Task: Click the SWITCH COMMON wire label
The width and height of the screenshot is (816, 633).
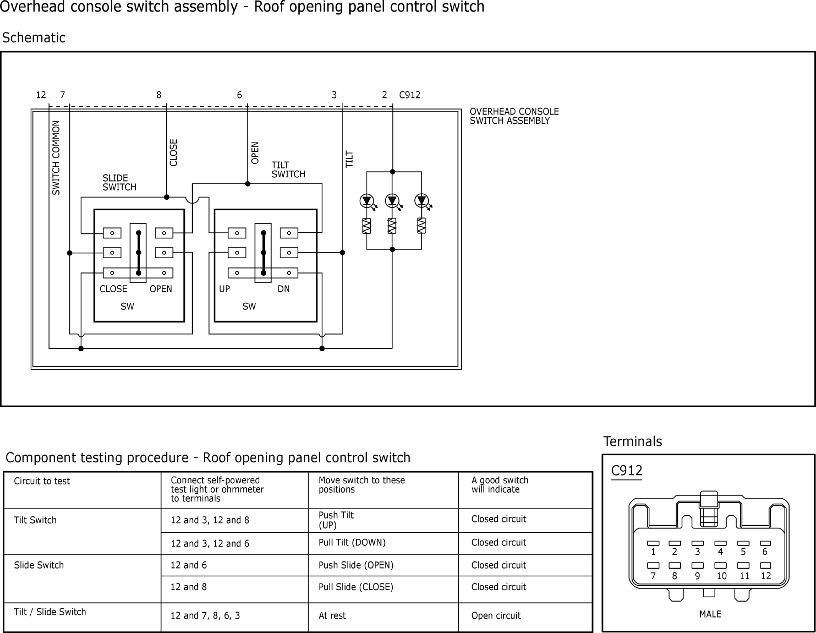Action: (56, 157)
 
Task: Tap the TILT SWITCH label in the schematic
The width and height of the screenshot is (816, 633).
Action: (288, 170)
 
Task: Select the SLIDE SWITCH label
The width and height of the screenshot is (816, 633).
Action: (119, 183)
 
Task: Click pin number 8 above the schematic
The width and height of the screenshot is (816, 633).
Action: (159, 95)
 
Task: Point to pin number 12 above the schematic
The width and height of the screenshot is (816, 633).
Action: (41, 95)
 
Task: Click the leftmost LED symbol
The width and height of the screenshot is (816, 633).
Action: (367, 200)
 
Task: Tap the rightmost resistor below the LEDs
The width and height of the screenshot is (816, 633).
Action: (421, 226)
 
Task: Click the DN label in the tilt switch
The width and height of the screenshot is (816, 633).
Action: (283, 289)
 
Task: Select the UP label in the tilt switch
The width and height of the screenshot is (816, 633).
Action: (224, 289)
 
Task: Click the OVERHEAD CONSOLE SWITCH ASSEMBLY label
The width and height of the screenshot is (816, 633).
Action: (514, 116)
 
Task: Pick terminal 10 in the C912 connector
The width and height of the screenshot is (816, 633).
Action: (721, 566)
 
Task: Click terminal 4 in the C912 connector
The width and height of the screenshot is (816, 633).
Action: (721, 543)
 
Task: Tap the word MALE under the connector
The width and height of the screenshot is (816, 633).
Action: (710, 614)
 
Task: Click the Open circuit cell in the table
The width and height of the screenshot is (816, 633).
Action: (496, 616)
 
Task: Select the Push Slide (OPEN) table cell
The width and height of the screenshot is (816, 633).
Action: (356, 565)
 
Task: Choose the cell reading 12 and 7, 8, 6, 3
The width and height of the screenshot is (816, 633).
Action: (205, 616)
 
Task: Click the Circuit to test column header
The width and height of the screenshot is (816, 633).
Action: (42, 481)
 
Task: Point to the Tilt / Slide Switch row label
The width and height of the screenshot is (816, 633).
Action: (50, 612)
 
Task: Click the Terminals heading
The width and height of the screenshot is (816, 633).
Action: (632, 441)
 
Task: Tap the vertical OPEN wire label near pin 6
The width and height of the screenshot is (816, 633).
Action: (255, 153)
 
